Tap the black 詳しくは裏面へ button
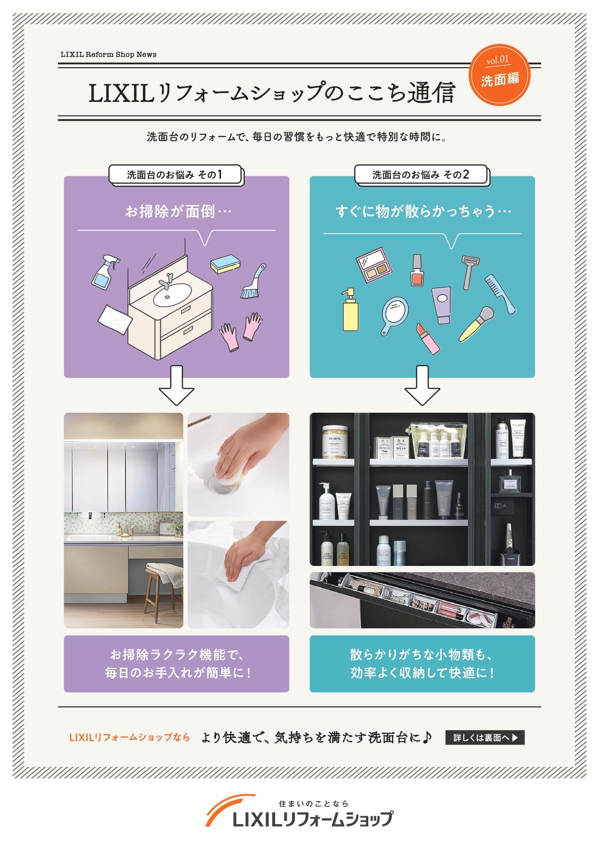click(485, 738)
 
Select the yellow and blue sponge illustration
click(226, 262)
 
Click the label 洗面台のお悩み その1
click(175, 175)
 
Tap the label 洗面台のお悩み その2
click(420, 175)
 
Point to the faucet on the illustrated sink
click(167, 281)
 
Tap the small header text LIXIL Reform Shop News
click(109, 55)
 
